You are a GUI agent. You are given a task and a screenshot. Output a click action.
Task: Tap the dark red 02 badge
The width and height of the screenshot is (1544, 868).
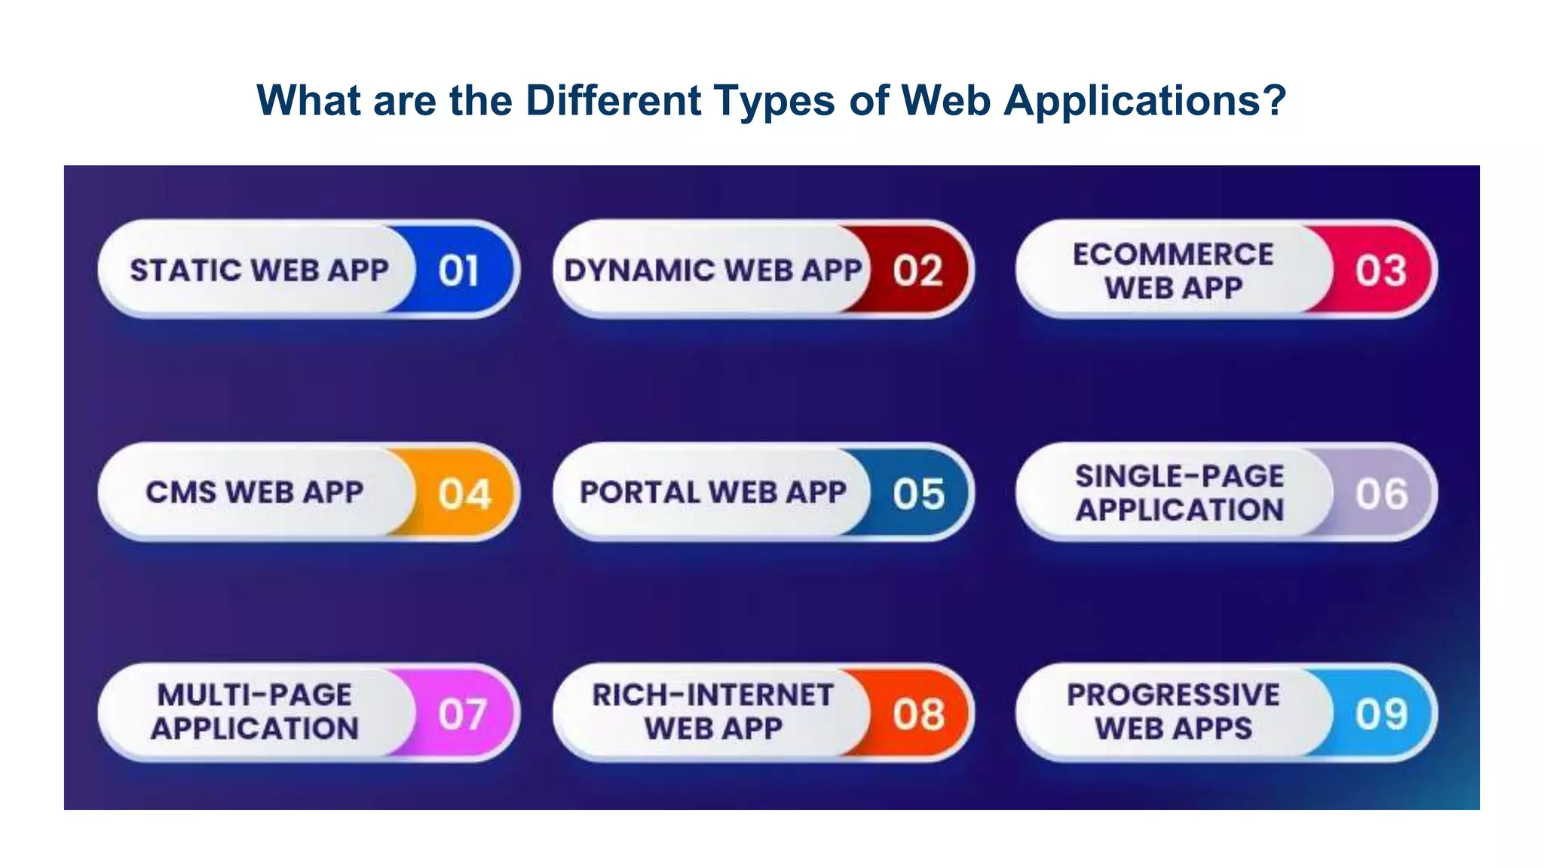click(x=918, y=270)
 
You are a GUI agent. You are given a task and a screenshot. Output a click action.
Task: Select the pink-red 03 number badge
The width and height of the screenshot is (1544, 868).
click(x=1380, y=270)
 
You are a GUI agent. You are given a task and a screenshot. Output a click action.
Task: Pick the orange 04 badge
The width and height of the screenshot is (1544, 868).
click(x=464, y=494)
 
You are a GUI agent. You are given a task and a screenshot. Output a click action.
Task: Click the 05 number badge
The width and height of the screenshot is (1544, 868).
click(x=918, y=494)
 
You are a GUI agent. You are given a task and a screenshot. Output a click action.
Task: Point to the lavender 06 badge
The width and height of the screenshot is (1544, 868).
click(x=1381, y=494)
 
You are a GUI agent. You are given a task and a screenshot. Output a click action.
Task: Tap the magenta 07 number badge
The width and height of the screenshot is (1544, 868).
click(x=462, y=714)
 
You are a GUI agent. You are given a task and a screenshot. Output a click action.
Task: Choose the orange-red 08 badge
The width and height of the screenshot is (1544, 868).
click(x=918, y=714)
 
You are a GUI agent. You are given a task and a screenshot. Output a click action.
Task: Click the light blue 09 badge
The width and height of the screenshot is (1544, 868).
click(x=1381, y=714)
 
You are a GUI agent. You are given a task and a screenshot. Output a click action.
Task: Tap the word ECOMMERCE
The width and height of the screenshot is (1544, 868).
click(x=1173, y=255)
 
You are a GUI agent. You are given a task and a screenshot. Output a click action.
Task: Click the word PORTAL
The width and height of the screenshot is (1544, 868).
click(x=639, y=493)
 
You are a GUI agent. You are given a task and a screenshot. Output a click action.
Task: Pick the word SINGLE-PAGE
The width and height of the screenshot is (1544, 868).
click(x=1179, y=476)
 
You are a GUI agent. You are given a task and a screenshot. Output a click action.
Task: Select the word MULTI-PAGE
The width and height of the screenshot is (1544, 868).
click(x=254, y=695)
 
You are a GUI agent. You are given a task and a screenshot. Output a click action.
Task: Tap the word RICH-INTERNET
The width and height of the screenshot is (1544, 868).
click(x=712, y=695)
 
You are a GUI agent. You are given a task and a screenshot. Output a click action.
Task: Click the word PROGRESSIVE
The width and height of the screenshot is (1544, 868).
click(x=1173, y=695)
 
